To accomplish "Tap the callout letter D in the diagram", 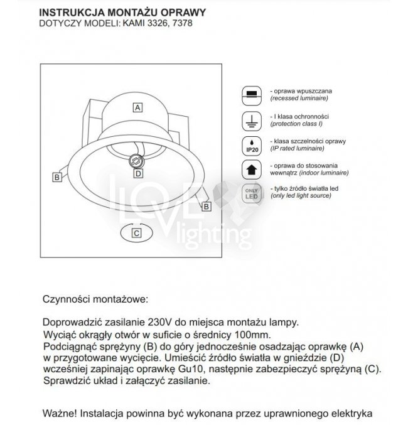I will [x=139, y=173].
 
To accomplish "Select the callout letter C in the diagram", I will [x=137, y=232].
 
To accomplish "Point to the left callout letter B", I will [x=56, y=178].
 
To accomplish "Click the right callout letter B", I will [x=208, y=205].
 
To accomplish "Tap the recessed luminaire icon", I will [x=251, y=94].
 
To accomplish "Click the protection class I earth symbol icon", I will [x=251, y=119].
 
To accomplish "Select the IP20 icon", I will [x=251, y=145].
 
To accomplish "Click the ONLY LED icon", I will [x=251, y=193].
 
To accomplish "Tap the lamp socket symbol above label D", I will [x=134, y=161].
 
